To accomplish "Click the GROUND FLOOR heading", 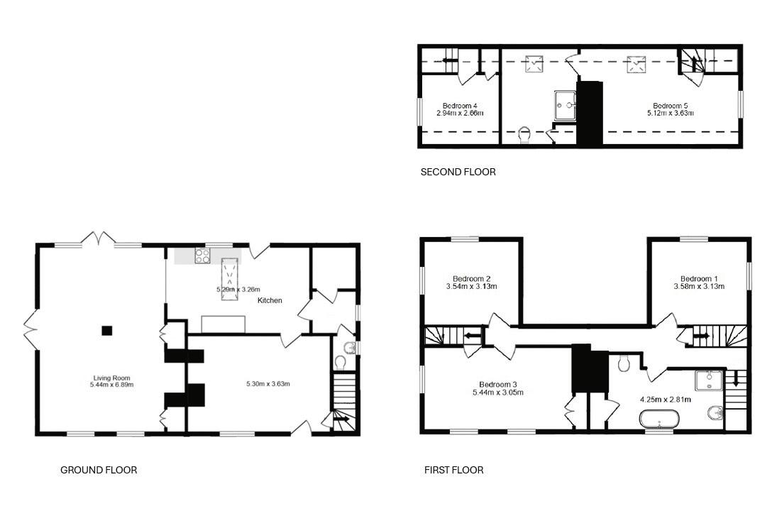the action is coord(99,470).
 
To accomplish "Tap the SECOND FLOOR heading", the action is coord(458,172).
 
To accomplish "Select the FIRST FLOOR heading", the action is coord(454,470).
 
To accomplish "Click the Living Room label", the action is coord(111,378).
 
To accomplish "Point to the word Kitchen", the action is coord(270,300).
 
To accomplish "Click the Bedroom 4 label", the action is coord(460,106).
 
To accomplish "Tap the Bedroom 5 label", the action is coord(670,106).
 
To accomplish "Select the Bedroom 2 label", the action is coord(472,278).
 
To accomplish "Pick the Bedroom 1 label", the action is coord(699,278).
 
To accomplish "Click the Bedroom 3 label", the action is coord(498,384).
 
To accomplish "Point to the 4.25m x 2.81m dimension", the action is coord(666,399).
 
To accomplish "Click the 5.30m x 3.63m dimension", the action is coord(268,383).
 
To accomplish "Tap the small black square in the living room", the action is coord(107,330).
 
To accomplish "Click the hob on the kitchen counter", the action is coord(202,256).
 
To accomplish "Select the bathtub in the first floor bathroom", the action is coord(659,419).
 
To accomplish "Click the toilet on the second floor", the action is coord(524,134).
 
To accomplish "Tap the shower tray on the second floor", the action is coord(566,105).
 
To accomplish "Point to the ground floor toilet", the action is coord(341,363).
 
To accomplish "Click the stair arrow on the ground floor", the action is coord(343,419).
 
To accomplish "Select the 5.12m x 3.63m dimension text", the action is coord(670,113).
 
